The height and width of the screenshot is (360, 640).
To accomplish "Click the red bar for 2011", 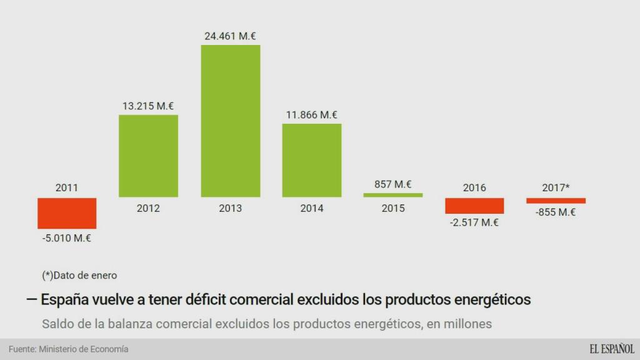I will tap(67, 213).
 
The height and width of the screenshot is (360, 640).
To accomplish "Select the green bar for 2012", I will tap(148, 156).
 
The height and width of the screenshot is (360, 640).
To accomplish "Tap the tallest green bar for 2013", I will tap(230, 121).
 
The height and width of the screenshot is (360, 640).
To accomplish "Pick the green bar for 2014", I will tap(312, 161).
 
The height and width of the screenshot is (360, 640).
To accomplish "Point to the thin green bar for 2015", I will tap(393, 195).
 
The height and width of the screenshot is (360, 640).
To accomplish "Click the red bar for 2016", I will tap(474, 206).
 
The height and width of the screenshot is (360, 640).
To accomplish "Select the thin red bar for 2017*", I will tap(556, 201).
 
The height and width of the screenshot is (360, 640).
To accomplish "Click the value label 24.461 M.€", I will tap(230, 36).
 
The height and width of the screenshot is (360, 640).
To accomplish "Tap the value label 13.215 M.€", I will tap(148, 106).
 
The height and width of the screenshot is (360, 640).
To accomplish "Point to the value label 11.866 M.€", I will tap(312, 115).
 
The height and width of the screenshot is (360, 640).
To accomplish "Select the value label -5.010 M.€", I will tap(67, 237).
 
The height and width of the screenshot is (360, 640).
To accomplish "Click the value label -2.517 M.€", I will tap(474, 222).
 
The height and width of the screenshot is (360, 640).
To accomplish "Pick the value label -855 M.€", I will tap(556, 212).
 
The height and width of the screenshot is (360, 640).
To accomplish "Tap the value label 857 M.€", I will tap(393, 184).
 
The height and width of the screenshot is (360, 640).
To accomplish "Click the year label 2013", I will tap(230, 209).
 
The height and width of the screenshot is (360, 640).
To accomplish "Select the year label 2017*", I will tap(556, 187).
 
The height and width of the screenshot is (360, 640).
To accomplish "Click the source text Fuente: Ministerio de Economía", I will tap(68, 349).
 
